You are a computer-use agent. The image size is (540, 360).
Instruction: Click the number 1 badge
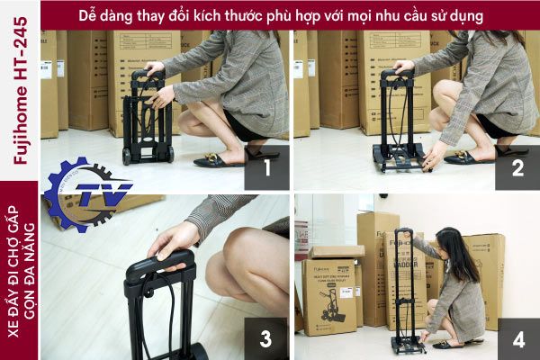[x=265, y=169]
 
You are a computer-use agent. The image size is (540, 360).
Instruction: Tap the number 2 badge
[x=517, y=169]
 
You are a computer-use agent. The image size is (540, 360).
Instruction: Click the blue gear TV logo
[x=88, y=193]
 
